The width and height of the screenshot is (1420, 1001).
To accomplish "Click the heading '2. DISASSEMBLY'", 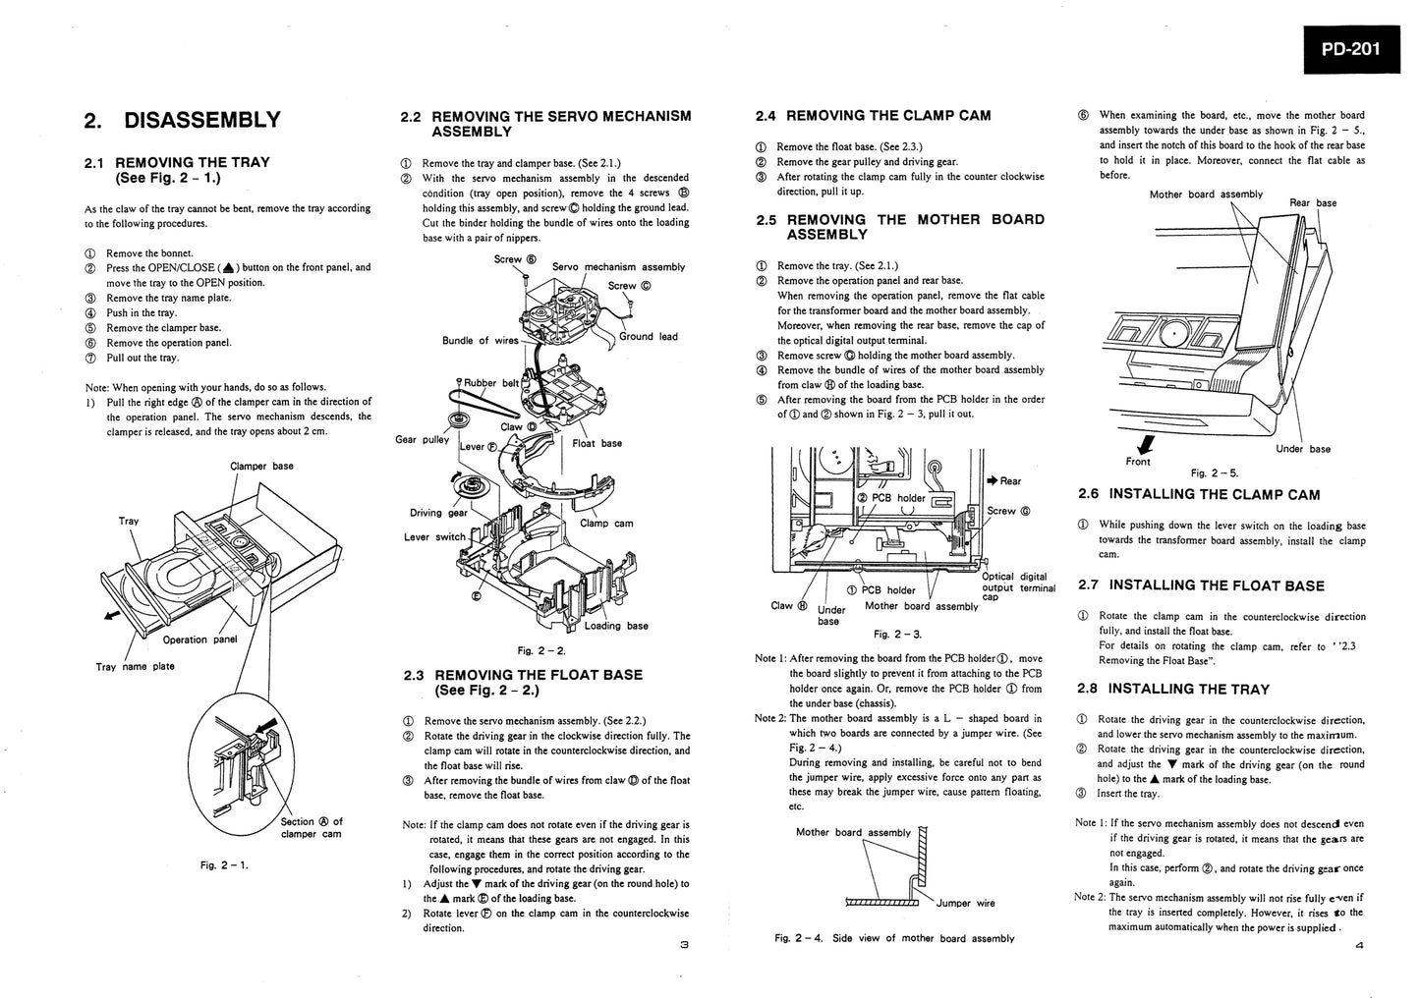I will (183, 121).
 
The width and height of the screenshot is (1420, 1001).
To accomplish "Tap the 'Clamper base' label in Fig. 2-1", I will (261, 466).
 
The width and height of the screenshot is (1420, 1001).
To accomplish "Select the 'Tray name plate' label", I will (135, 667).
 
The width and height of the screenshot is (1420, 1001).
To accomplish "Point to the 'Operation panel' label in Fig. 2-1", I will (199, 640).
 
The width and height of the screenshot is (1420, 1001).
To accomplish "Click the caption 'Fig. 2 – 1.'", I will (224, 864).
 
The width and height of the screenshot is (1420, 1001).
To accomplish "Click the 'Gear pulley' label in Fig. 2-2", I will (422, 439).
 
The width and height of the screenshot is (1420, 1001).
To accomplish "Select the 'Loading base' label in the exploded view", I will (616, 626).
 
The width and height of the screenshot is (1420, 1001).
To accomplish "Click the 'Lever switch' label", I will (434, 537).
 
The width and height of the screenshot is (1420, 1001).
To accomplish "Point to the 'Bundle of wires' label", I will (480, 341).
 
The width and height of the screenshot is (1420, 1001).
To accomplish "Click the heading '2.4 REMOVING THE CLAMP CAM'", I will (873, 116).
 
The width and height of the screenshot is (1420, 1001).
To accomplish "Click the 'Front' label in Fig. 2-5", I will (1138, 461).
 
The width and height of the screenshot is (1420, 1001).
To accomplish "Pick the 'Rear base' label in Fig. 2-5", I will (1312, 203).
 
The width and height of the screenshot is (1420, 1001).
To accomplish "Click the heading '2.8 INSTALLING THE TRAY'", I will (1173, 690).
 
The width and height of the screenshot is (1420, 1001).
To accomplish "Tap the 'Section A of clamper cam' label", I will (312, 828).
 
